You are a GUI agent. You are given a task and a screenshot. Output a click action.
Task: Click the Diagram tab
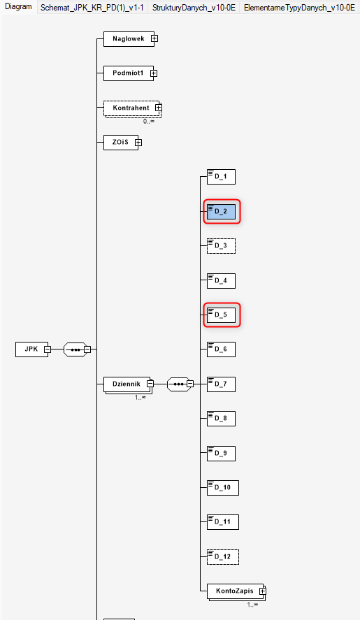click(x=18, y=7)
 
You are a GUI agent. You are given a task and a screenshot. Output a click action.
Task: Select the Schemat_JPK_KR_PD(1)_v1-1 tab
click(x=92, y=8)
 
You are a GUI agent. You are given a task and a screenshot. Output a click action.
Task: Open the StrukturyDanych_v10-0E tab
click(x=194, y=8)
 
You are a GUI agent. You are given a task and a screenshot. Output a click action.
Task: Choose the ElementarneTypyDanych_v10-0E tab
click(x=299, y=8)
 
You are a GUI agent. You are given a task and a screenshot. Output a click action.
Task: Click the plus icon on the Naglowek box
click(x=154, y=38)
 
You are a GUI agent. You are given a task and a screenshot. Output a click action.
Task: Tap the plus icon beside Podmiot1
click(x=154, y=73)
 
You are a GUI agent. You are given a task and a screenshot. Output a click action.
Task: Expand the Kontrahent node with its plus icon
click(x=159, y=108)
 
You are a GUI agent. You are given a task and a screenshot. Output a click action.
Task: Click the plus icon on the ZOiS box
click(x=138, y=143)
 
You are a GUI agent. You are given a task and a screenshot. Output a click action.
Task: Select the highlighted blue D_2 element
click(x=221, y=212)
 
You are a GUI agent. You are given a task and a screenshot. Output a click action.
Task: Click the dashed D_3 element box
click(x=221, y=246)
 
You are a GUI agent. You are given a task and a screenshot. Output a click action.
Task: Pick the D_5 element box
click(x=221, y=315)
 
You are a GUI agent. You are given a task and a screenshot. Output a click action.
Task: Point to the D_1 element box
click(x=221, y=177)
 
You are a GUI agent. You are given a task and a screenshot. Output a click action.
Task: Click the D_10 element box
click(x=223, y=487)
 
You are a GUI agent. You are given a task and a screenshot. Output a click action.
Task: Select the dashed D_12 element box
click(x=223, y=556)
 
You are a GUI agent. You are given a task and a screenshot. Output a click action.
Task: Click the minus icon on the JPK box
click(x=48, y=349)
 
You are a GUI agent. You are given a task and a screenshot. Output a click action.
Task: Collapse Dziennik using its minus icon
click(x=150, y=384)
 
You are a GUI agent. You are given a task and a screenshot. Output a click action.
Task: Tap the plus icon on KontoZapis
click(x=263, y=591)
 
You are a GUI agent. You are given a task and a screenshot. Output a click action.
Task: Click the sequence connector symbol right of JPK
click(x=75, y=349)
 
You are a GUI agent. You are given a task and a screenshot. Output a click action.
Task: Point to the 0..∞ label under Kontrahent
click(x=149, y=122)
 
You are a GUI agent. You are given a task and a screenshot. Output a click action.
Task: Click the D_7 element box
click(x=221, y=384)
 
